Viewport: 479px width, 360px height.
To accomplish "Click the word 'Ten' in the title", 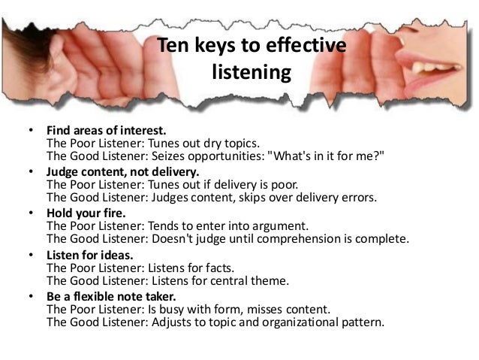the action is click(x=173, y=47).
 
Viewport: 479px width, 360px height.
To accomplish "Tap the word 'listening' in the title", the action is click(x=251, y=74).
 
